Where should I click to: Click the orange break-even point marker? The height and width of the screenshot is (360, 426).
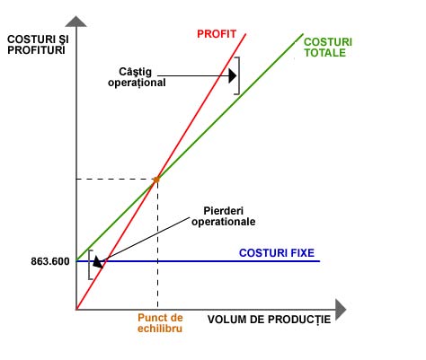156,180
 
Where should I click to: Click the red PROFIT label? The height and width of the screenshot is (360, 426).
217,34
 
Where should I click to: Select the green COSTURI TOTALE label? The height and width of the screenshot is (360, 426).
328,48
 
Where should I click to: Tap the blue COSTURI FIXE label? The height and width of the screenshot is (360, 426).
277,253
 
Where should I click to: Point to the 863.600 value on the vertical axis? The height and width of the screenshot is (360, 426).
50,261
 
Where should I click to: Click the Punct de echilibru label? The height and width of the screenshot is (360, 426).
160,323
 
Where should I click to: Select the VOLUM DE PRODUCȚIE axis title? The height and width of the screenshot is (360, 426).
269,320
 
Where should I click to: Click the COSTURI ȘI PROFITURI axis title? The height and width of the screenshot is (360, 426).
38,45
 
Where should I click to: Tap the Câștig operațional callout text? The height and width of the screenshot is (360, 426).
137,77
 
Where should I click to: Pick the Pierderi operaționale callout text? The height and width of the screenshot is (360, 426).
224,216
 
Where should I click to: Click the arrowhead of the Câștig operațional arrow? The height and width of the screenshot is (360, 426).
233,75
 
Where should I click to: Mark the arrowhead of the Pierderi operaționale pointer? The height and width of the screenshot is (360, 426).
98,262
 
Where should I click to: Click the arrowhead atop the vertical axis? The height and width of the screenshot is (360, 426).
76,22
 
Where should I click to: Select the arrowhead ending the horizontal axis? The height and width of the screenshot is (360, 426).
341,310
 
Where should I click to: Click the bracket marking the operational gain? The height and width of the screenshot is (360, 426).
239,75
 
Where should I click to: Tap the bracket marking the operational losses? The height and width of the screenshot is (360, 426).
89,265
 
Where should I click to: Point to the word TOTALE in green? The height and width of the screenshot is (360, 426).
325,53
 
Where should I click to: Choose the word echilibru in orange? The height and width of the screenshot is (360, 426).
160,329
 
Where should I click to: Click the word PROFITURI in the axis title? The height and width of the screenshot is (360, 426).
36,50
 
